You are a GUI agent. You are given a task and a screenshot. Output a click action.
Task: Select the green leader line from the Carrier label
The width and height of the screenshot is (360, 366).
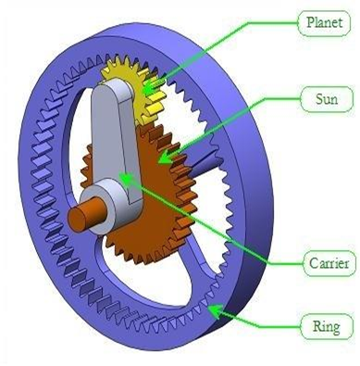(222, 222)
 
